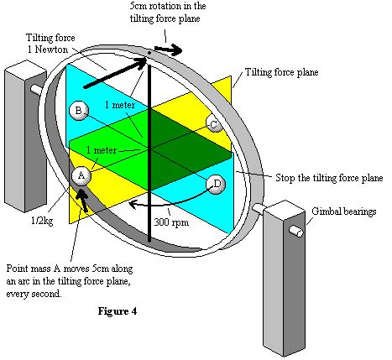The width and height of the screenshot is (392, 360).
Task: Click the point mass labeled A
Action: coord(81,175)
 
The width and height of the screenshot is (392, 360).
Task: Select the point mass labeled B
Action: coord(77,109)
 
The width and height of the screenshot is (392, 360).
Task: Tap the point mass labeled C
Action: coord(213,125)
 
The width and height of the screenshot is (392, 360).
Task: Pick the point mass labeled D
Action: coord(217,184)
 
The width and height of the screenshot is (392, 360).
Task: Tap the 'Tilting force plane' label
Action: coord(287,73)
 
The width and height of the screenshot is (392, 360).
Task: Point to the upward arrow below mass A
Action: coord(84,201)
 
